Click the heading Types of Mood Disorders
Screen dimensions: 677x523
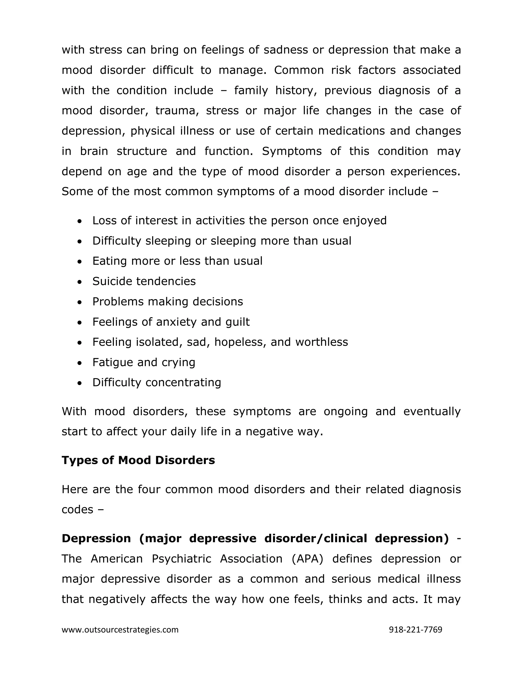click(x=138, y=460)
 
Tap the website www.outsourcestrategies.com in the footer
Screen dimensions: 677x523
click(x=120, y=629)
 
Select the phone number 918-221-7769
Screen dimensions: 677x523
click(x=415, y=629)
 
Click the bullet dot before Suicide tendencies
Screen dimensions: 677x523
click(x=80, y=282)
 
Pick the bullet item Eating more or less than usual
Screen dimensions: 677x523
click(x=177, y=261)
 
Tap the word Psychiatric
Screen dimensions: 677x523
click(x=181, y=559)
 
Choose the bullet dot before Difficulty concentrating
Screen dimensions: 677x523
click(x=80, y=383)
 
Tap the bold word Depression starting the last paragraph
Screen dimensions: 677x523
click(x=96, y=539)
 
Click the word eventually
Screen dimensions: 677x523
click(x=432, y=411)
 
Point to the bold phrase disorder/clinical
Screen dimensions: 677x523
click(x=315, y=539)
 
